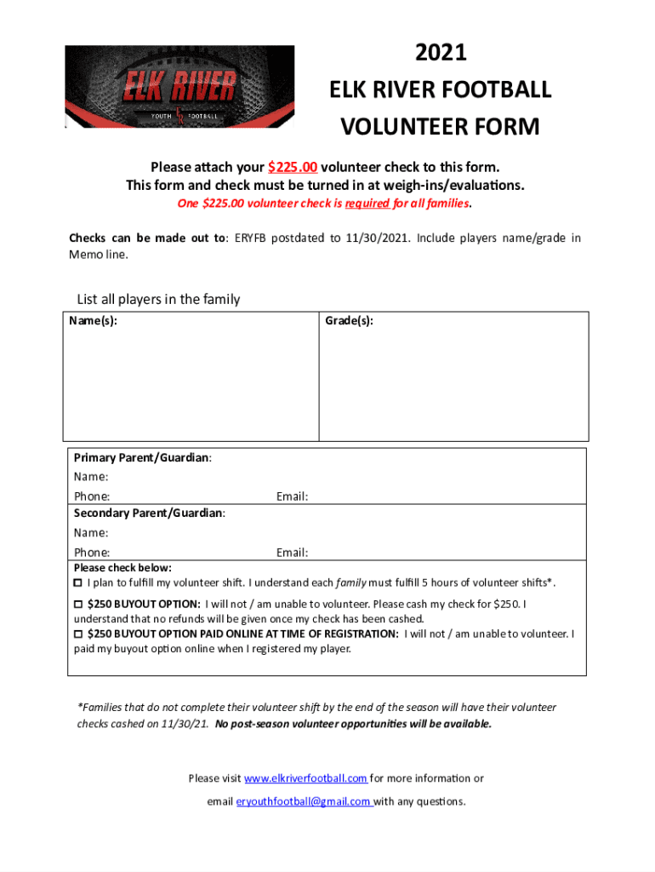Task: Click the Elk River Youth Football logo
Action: point(179,87)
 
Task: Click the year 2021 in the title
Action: point(441,53)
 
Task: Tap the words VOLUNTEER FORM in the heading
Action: point(440,127)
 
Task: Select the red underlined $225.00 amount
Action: point(292,167)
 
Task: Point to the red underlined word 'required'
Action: point(367,204)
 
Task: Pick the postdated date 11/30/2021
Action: point(376,238)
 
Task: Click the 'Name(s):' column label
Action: point(94,321)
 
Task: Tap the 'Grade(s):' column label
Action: point(349,321)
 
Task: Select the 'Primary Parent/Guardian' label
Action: point(141,458)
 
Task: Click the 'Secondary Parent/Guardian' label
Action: point(148,513)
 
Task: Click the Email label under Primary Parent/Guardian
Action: point(292,496)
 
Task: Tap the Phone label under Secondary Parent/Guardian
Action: point(91,553)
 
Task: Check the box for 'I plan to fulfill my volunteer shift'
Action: point(78,583)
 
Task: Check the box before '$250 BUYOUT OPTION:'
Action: point(78,604)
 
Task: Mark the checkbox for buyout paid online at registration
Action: point(78,634)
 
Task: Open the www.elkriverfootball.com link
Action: point(305,778)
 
